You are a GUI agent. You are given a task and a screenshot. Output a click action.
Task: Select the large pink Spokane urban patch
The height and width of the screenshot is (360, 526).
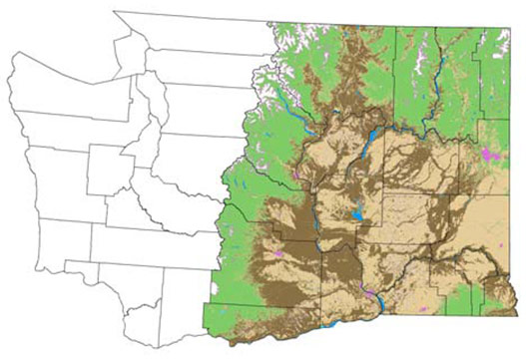tap(489, 155)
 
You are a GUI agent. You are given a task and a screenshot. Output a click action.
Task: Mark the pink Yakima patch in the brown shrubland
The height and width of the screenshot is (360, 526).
tap(280, 253)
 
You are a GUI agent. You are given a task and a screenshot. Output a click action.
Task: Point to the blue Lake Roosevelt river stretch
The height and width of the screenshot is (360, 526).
tap(439, 70)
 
